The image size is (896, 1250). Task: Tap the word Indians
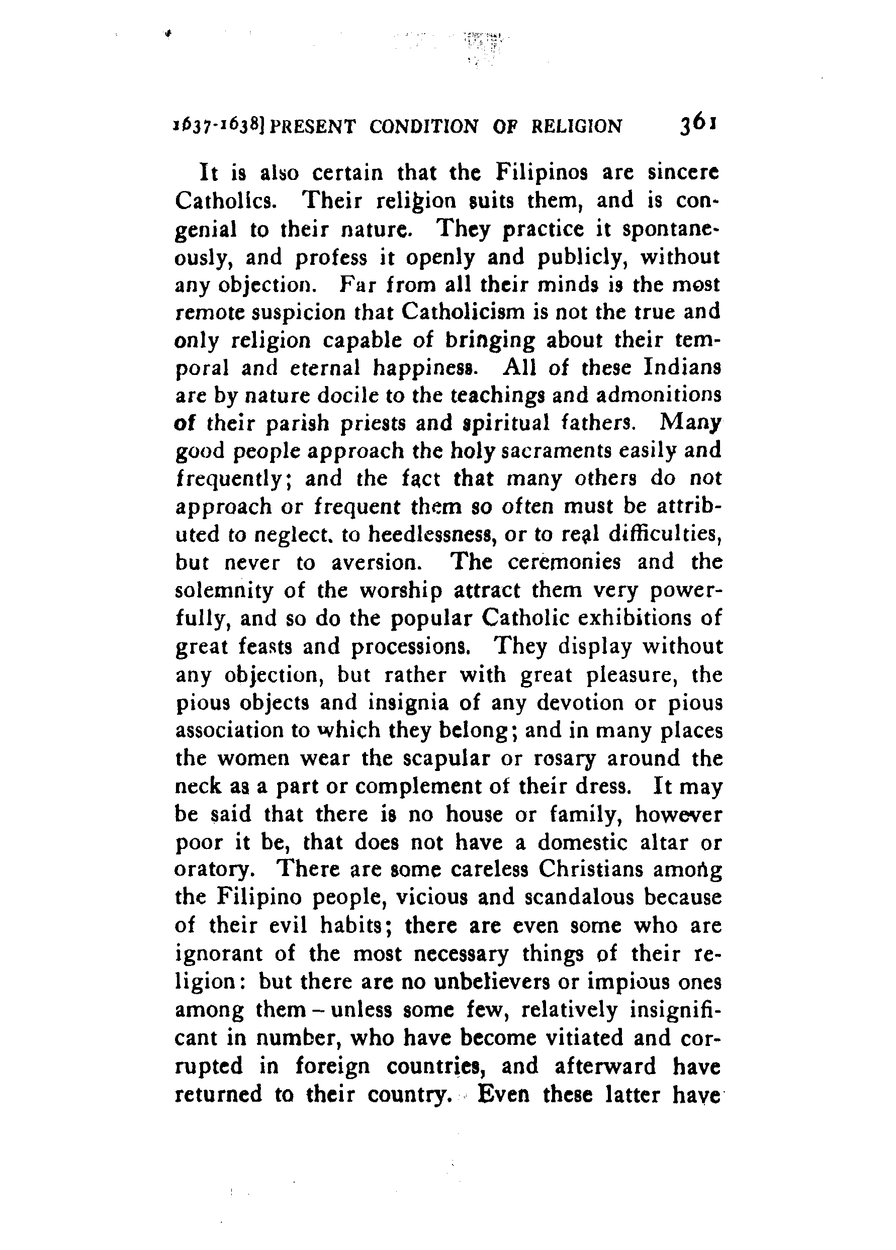coord(679,367)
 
